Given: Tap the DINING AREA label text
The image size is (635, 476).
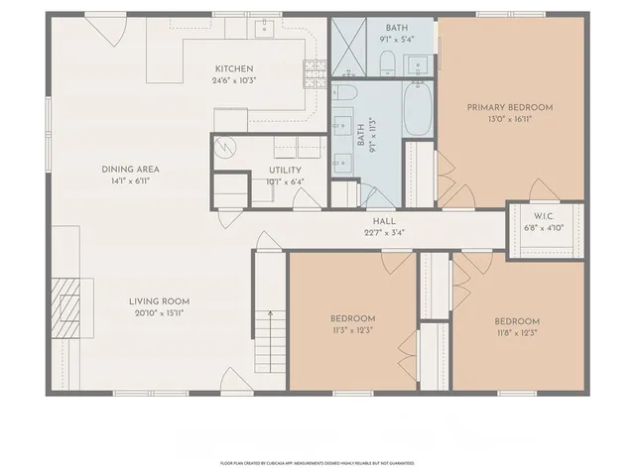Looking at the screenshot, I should (130, 170).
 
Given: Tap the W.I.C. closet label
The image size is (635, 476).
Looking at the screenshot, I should (543, 217).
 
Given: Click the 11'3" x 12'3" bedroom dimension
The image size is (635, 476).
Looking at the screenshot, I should (352, 330).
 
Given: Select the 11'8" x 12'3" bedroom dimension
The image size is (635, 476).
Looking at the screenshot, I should (517, 333).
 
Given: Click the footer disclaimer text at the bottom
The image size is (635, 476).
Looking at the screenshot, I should (317, 462).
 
